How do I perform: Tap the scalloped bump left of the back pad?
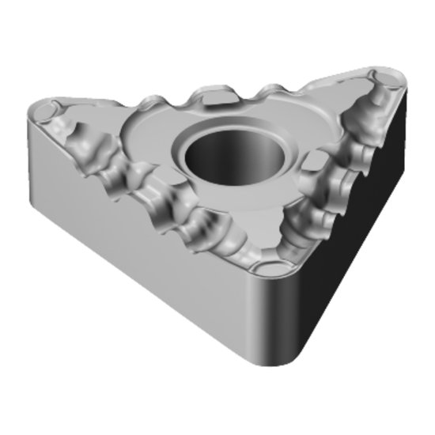(178, 99)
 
